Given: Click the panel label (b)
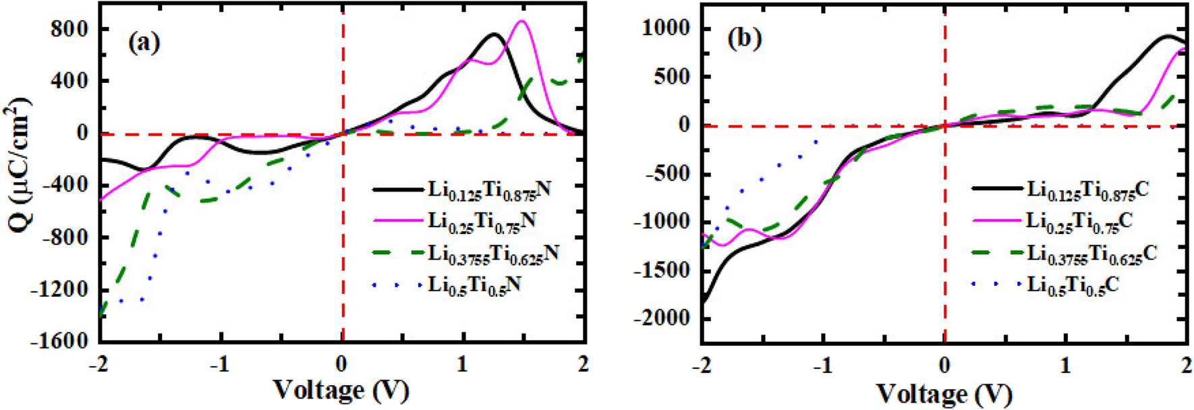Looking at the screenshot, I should click(745, 38).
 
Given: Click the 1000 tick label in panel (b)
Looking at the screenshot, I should click(666, 28).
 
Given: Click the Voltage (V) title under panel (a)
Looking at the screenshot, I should click(341, 390).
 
